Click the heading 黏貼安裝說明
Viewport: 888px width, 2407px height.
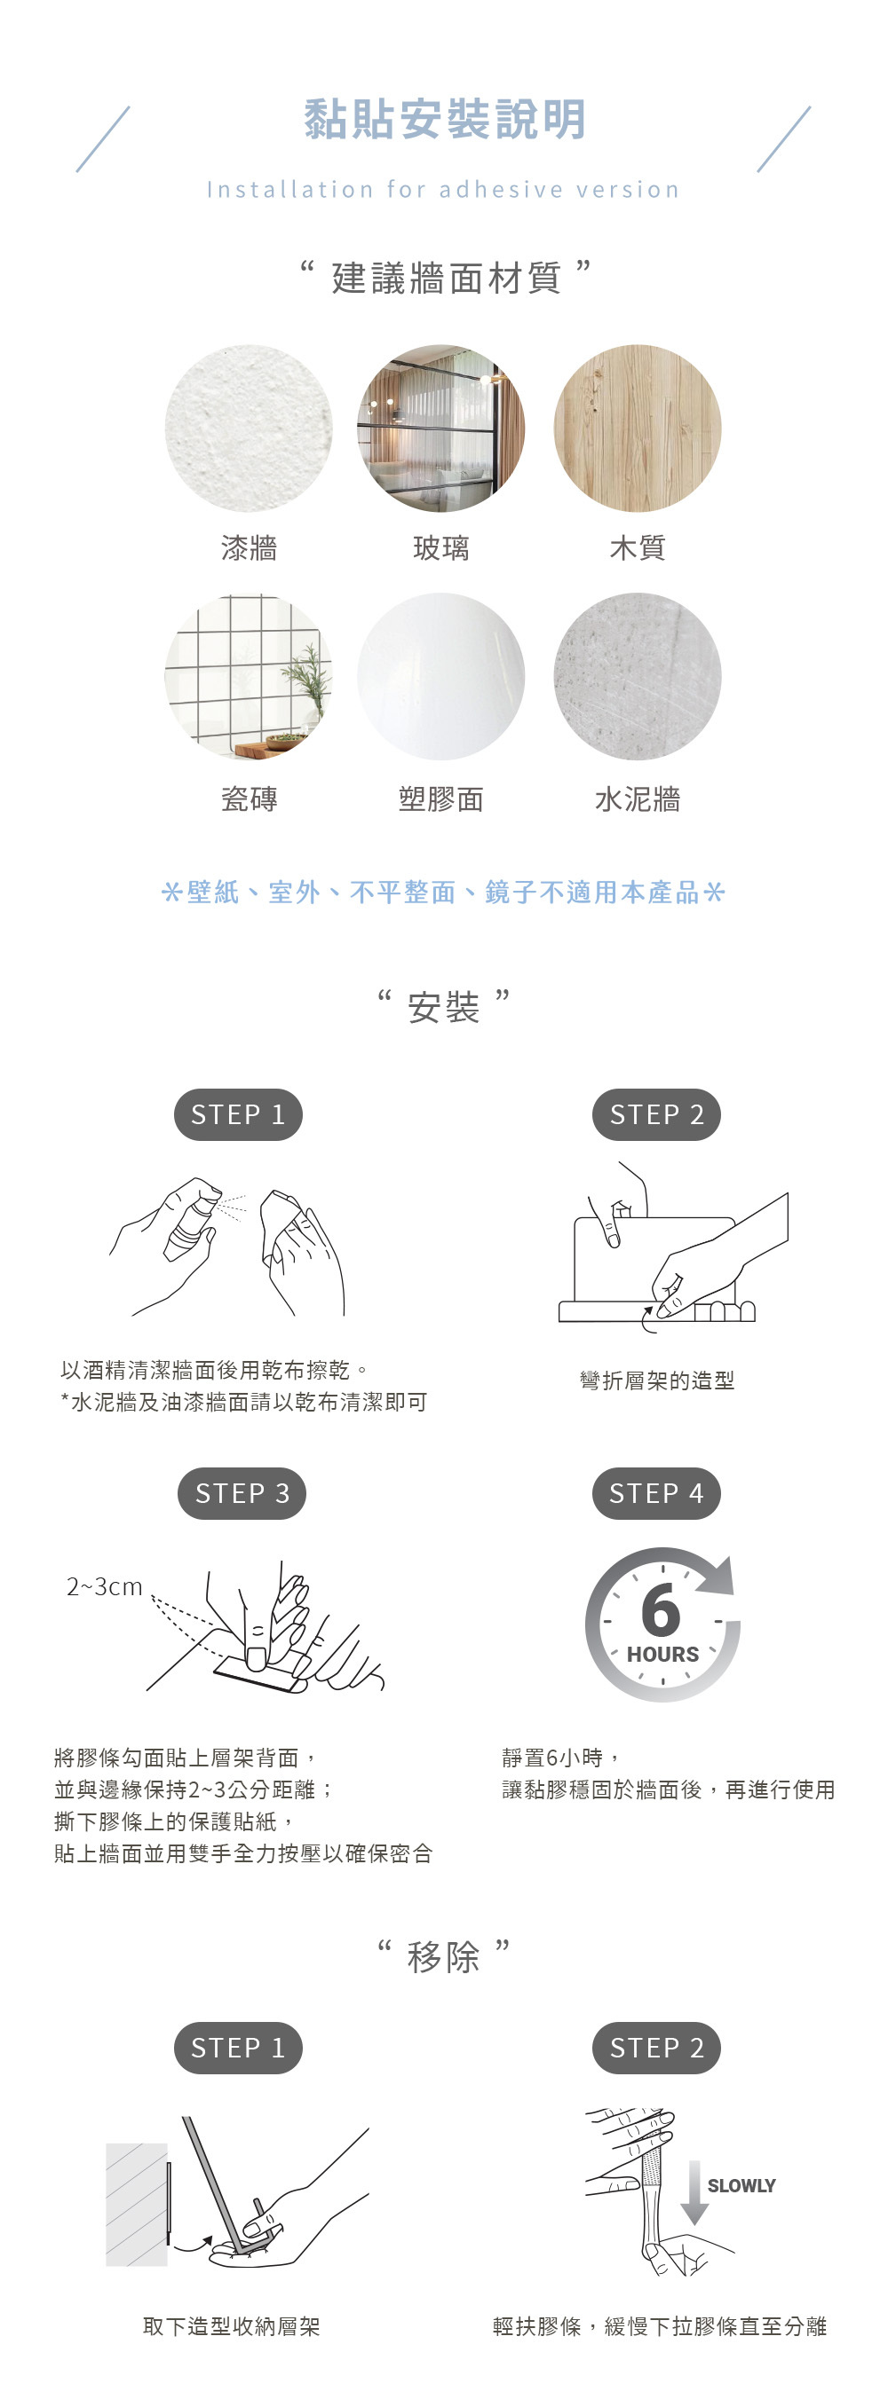coord(445,120)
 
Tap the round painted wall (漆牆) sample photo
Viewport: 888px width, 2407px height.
coord(249,428)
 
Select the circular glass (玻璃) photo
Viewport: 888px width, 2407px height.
coord(441,428)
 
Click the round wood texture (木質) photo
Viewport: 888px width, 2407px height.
coord(638,428)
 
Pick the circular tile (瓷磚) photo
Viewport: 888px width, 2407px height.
coord(249,677)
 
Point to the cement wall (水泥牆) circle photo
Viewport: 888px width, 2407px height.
coord(638,677)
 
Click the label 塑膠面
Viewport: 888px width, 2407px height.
coord(441,798)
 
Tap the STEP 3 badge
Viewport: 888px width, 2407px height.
coord(242,1493)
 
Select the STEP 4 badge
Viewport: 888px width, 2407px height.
coord(656,1493)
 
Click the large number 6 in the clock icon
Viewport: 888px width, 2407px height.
coord(661,1610)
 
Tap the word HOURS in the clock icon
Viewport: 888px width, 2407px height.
coord(662,1654)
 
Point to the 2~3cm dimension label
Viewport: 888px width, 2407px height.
coord(105,1586)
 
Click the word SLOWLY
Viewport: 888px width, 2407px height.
coord(741,2185)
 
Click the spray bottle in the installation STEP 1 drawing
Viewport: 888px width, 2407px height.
coord(193,1222)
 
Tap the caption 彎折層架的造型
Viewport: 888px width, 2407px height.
coord(657,1380)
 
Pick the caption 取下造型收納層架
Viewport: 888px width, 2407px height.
coord(232,2325)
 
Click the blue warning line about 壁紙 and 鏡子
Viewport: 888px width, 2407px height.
coord(443,893)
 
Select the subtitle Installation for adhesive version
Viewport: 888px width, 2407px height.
coord(443,190)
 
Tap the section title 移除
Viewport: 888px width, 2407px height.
coord(444,1955)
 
